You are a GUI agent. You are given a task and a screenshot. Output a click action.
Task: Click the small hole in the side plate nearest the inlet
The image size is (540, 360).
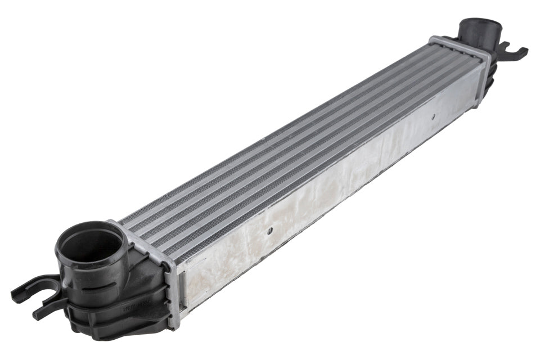[270, 230]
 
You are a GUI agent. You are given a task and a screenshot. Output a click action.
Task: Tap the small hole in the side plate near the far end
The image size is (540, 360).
[434, 118]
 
